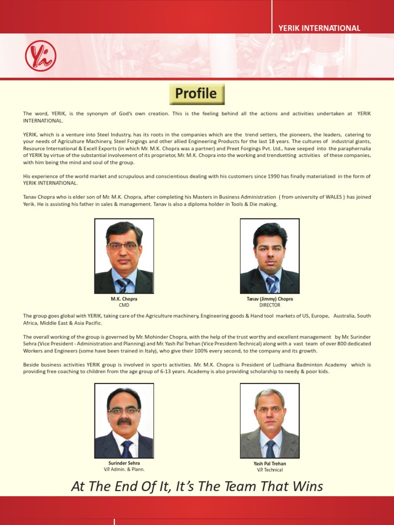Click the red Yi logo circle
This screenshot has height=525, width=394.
pos(41,55)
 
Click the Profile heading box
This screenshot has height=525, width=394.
pos(197,94)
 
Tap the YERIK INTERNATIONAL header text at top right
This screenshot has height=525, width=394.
pos(319,28)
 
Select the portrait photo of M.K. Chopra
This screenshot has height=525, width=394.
pos(124,256)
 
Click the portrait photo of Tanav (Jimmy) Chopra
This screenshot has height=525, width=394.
pos(269,256)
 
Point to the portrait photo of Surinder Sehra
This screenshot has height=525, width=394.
pos(124,420)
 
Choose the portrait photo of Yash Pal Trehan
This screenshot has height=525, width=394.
pos(269,420)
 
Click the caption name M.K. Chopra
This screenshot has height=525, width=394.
pos(124,299)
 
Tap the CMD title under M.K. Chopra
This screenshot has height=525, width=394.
pos(124,305)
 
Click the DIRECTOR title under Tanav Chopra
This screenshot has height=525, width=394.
pos(270,305)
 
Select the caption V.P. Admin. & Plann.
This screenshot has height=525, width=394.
pos(124,469)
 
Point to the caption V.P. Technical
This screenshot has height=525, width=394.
pos(270,470)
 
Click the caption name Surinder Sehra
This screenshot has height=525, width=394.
pos(124,463)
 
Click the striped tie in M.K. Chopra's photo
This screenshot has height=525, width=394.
pos(123,285)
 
